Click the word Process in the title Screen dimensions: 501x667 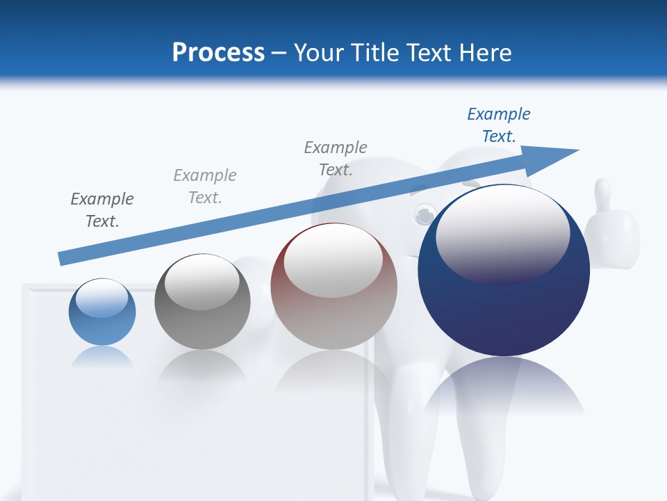[x=218, y=53]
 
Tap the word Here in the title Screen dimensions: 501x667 [x=484, y=53]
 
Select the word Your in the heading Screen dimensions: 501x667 [x=320, y=53]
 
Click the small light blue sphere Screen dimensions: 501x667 [x=102, y=312]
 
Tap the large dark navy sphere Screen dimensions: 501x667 [x=504, y=278]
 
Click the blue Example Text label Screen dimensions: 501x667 [x=499, y=125]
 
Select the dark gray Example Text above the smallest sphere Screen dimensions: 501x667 [x=102, y=210]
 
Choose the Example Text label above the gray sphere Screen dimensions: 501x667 [x=205, y=186]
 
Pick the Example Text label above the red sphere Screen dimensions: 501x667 [x=336, y=159]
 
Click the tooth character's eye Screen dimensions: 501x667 [x=423, y=216]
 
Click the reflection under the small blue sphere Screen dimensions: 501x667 [x=102, y=356]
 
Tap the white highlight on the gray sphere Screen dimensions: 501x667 [x=201, y=281]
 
